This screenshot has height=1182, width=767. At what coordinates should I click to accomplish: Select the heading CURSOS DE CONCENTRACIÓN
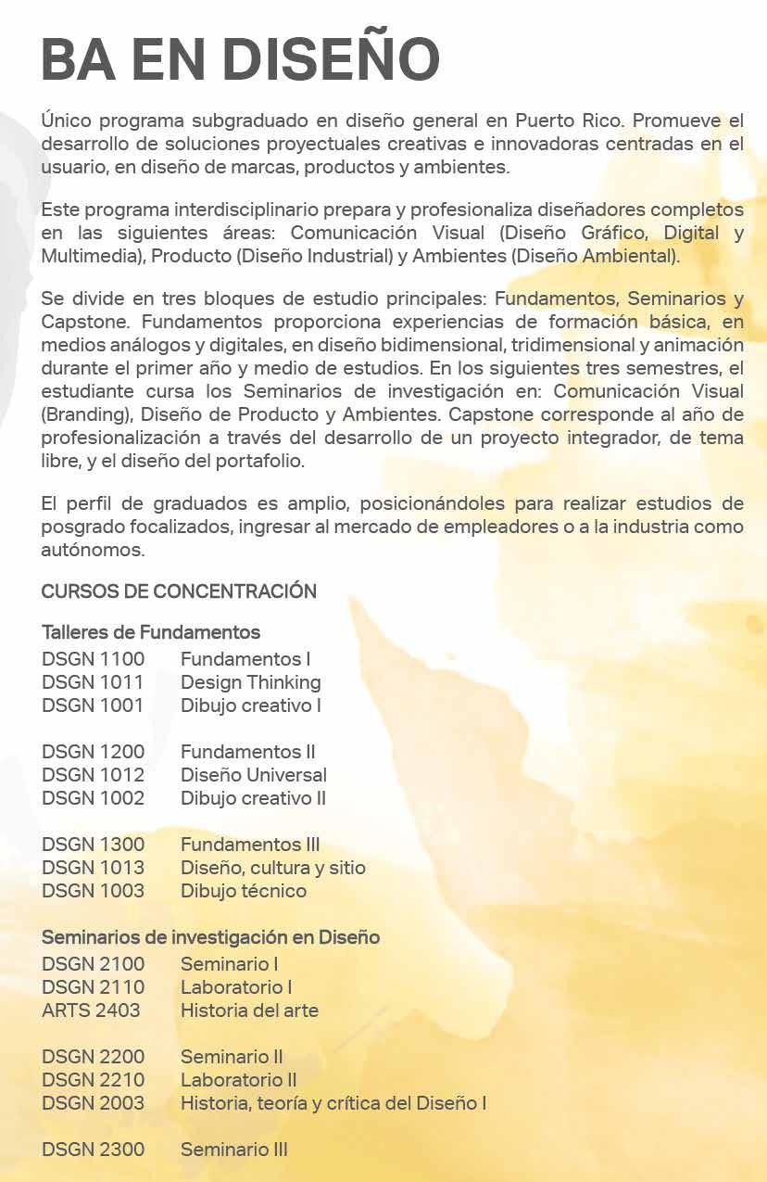pyautogui.click(x=179, y=591)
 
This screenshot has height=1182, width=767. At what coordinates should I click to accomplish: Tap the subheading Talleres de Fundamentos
pyautogui.click(x=151, y=632)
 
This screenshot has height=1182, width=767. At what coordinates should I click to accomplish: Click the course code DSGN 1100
pyautogui.click(x=93, y=659)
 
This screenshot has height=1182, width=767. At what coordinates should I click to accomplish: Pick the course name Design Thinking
pyautogui.click(x=250, y=682)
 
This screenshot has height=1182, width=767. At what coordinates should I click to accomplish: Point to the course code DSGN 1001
pyautogui.click(x=93, y=705)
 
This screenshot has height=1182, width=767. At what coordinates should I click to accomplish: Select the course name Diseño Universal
pyautogui.click(x=253, y=775)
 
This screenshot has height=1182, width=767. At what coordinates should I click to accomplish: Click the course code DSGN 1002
pyautogui.click(x=93, y=798)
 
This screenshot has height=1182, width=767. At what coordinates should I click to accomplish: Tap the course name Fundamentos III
pyautogui.click(x=250, y=845)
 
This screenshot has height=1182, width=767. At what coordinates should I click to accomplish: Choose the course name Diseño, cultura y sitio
pyautogui.click(x=272, y=868)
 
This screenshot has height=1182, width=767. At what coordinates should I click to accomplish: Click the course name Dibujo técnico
pyautogui.click(x=243, y=891)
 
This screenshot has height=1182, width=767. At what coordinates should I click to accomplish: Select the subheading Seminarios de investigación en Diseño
pyautogui.click(x=210, y=937)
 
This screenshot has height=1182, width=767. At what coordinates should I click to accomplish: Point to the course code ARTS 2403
pyautogui.click(x=91, y=1010)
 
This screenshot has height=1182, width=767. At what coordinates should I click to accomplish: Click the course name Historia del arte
pyautogui.click(x=249, y=1010)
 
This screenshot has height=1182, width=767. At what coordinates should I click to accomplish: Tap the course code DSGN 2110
pyautogui.click(x=93, y=987)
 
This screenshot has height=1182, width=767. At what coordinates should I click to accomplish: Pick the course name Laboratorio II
pyautogui.click(x=238, y=1080)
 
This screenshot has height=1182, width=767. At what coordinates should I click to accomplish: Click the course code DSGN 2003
pyautogui.click(x=93, y=1103)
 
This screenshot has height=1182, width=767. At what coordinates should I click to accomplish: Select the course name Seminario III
pyautogui.click(x=233, y=1150)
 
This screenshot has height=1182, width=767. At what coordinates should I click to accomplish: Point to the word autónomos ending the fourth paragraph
pyautogui.click(x=94, y=550)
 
